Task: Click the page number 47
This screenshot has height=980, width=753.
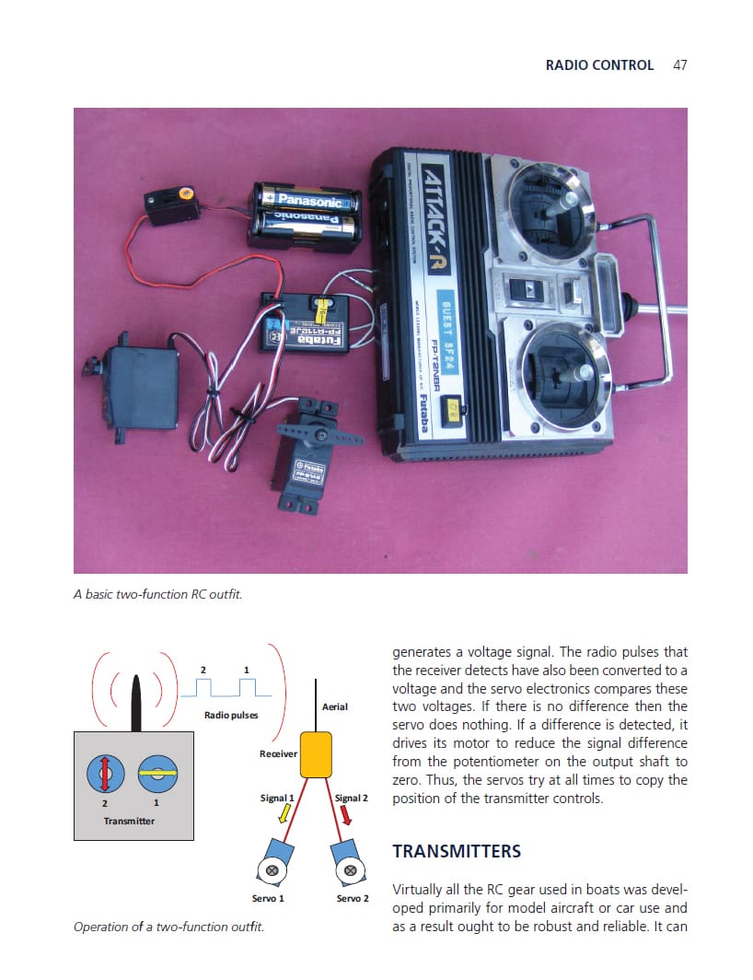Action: (680, 65)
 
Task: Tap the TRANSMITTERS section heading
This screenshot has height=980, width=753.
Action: (457, 851)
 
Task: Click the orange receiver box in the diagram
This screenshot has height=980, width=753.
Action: (316, 755)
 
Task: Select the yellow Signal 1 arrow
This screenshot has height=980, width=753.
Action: (284, 812)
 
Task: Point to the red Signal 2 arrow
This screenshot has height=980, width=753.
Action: (345, 814)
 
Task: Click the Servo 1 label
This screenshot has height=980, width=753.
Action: (268, 898)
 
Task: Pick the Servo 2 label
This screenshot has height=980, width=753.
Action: (353, 898)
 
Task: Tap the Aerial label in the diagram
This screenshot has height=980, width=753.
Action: (335, 706)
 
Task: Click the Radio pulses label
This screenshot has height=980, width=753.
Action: (231, 715)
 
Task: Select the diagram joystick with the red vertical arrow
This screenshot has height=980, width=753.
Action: (105, 774)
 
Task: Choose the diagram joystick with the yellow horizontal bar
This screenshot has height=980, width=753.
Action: (157, 774)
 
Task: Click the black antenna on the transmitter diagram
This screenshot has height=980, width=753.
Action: (136, 703)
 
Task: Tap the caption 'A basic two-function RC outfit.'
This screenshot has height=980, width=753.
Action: (157, 594)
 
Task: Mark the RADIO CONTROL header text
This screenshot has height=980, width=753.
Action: (599, 65)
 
